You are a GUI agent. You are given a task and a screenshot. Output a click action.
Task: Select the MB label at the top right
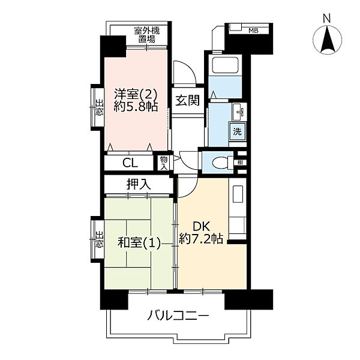(x=254, y=29)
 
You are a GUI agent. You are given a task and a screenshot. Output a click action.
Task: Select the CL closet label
(x=130, y=163)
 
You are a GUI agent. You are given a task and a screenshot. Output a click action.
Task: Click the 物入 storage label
(x=164, y=162)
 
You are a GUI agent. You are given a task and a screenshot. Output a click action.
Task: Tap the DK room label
(x=200, y=226)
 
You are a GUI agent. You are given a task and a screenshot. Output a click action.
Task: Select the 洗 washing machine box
(x=238, y=132)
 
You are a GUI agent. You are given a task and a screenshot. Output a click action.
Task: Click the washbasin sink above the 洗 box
(x=238, y=112)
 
